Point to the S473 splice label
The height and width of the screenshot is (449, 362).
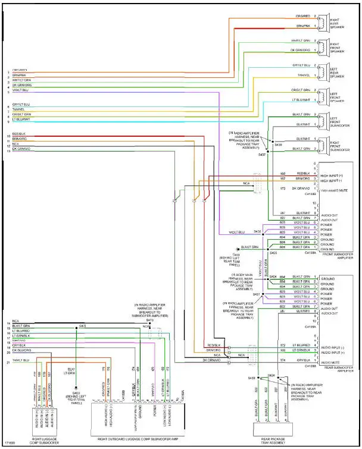(x=83, y=325)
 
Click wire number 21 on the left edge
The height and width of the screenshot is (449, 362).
(x=8, y=361)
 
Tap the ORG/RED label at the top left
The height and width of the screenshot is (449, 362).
(x=19, y=70)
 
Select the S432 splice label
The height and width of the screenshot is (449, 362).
(x=257, y=231)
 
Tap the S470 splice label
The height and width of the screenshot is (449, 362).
(x=149, y=321)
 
